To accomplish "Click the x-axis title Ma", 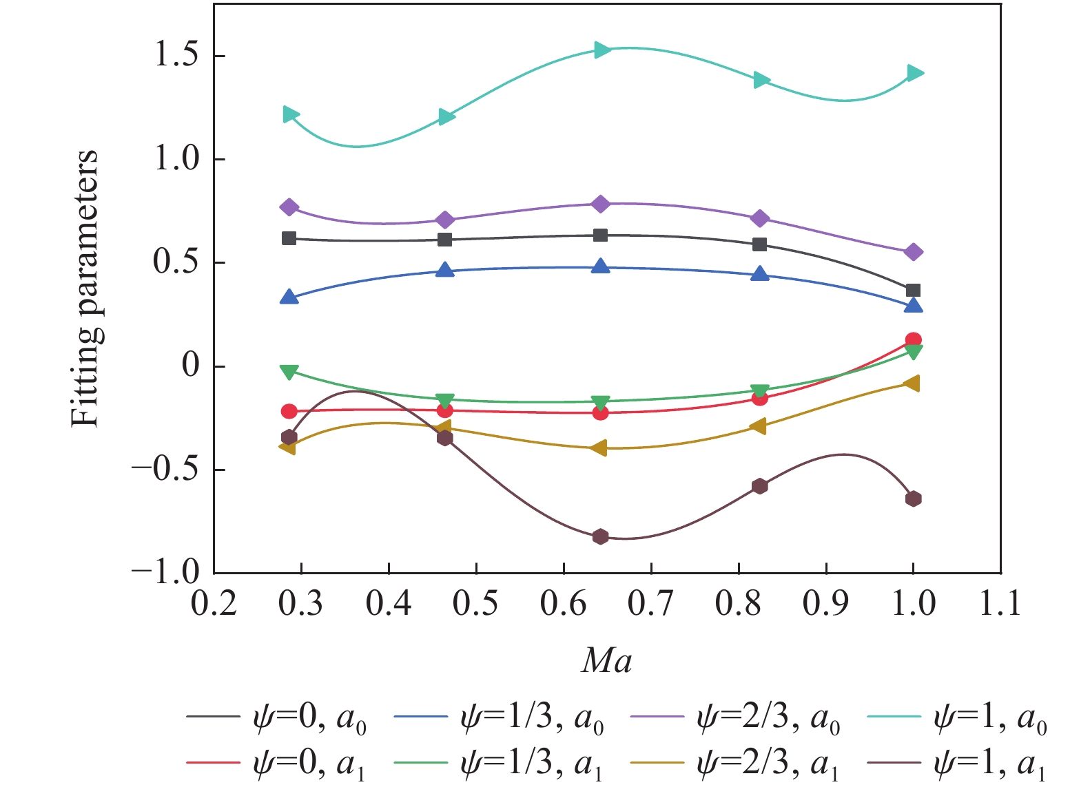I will click(x=606, y=661).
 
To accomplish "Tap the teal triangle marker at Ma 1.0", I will click(x=914, y=73).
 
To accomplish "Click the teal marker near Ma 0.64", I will click(x=601, y=50).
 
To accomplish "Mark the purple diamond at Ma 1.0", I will click(x=914, y=252).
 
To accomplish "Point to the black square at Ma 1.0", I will click(x=914, y=291).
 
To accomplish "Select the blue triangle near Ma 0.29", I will click(x=289, y=298).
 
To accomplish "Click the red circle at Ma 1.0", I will click(x=914, y=339).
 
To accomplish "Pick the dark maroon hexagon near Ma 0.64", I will click(x=600, y=536).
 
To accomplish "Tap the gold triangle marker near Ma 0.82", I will click(x=758, y=427).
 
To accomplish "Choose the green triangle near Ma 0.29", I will click(x=289, y=372).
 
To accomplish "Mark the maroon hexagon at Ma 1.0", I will click(x=914, y=498).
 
